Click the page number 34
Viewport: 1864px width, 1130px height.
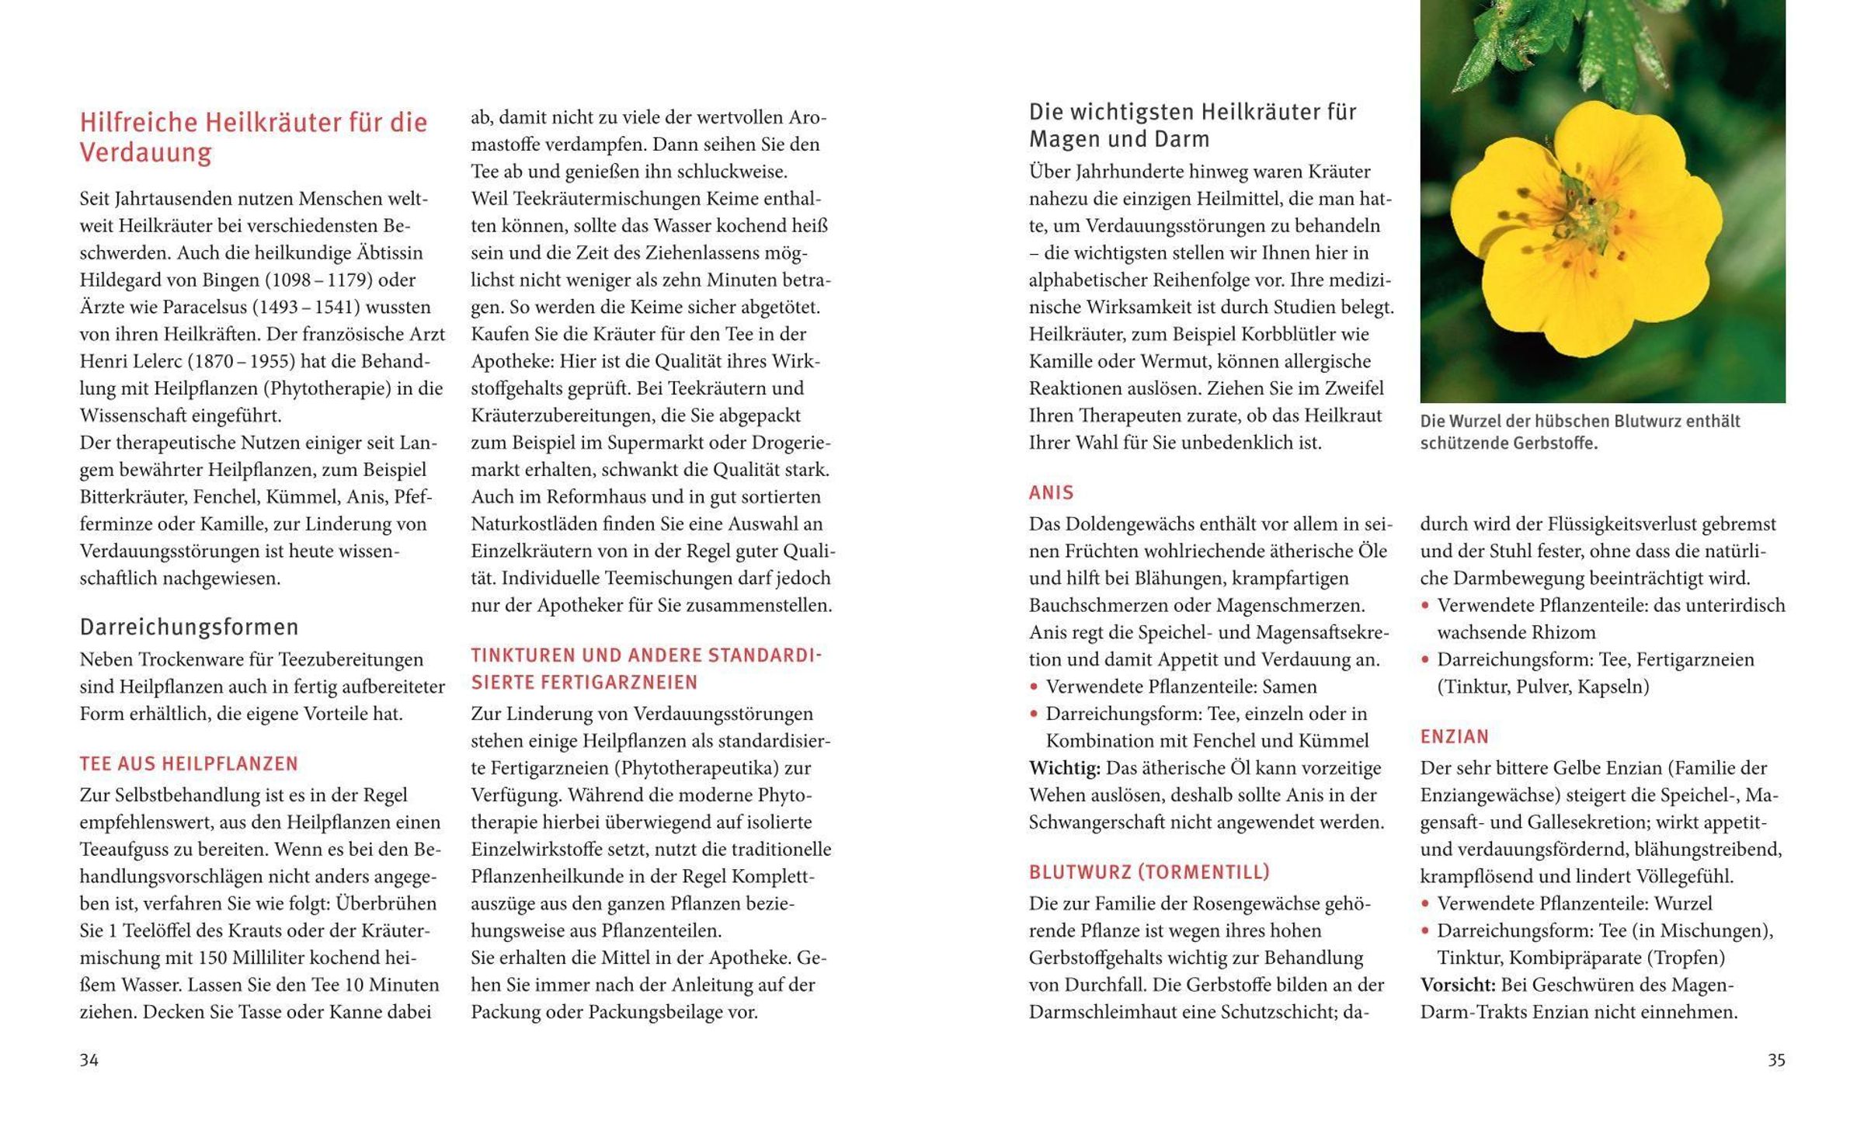click(x=89, y=1060)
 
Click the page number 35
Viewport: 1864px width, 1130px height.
click(x=1776, y=1060)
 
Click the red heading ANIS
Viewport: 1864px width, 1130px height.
click(x=1051, y=492)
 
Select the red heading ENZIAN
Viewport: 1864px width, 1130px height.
click(x=1454, y=736)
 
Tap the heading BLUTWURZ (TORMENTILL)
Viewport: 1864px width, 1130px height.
click(x=1149, y=872)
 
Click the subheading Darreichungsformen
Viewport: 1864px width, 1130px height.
click(x=189, y=627)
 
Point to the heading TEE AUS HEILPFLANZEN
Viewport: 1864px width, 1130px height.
click(x=189, y=763)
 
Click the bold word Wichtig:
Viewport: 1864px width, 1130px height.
click(x=1064, y=768)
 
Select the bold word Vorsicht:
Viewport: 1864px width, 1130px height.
click(x=1457, y=985)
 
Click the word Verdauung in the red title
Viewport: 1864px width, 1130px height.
click(x=145, y=153)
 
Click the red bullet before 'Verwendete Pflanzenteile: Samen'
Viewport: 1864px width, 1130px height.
click(x=1034, y=687)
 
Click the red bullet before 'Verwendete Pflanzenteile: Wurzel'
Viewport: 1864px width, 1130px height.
click(x=1425, y=903)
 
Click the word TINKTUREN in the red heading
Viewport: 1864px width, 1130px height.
click(x=523, y=655)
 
